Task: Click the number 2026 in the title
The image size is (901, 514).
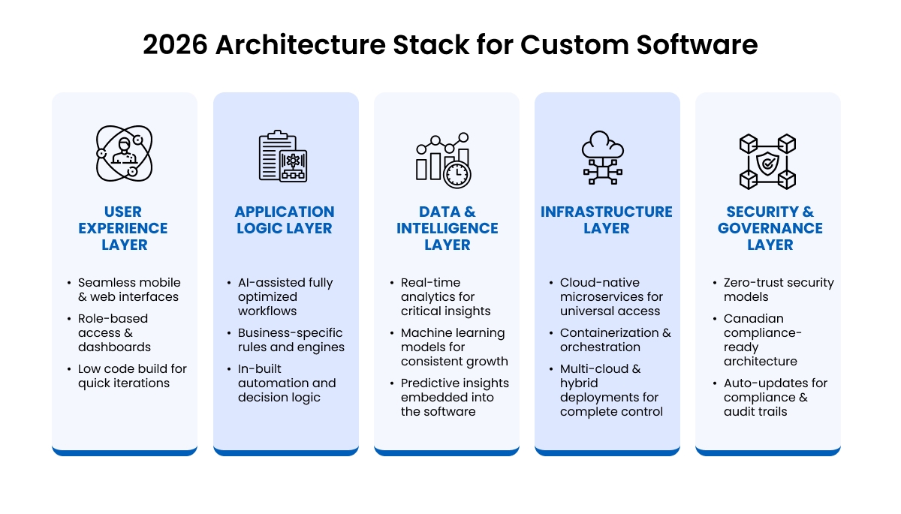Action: (175, 45)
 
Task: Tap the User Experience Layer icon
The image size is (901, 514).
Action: (124, 153)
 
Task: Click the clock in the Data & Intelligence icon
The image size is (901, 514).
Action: (457, 174)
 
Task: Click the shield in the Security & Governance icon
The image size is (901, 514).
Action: (767, 161)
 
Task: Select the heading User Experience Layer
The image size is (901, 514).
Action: (123, 228)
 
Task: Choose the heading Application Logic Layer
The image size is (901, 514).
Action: (285, 220)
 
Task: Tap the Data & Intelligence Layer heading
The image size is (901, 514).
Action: (447, 228)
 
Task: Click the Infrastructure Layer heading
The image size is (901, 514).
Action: (607, 220)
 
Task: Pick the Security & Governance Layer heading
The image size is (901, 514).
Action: (770, 228)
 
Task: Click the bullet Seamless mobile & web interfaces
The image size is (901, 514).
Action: (129, 290)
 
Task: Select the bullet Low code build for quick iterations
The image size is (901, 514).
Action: (132, 376)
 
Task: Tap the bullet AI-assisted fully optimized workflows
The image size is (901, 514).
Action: (285, 296)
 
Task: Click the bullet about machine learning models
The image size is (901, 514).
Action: (454, 347)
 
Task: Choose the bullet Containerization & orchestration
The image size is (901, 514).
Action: (615, 340)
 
